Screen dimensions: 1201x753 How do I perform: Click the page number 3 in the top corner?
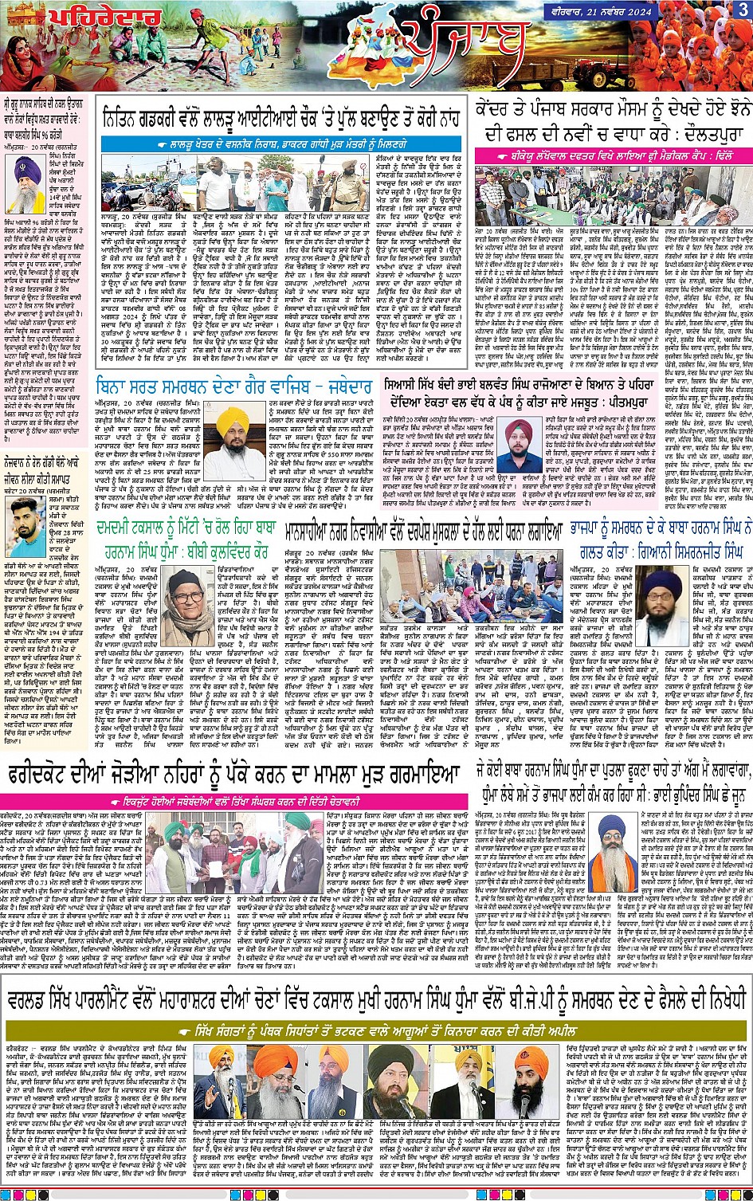pos(742,10)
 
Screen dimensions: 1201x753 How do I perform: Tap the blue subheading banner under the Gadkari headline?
pos(280,145)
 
